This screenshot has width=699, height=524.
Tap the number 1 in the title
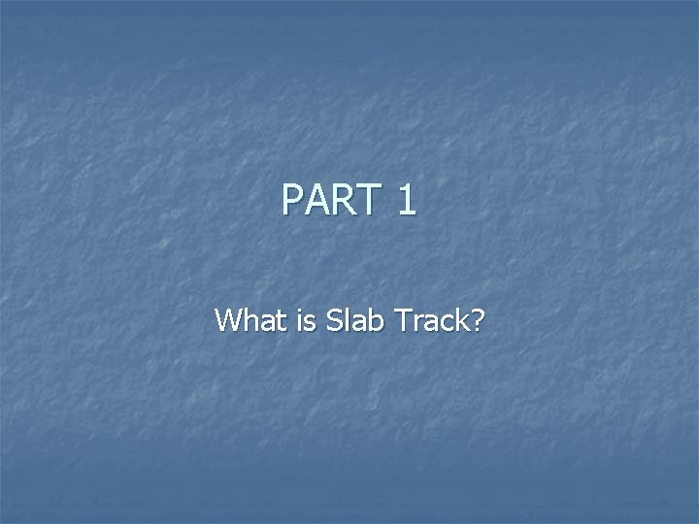407,201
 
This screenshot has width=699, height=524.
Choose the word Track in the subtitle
426,319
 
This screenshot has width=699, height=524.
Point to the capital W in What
229,319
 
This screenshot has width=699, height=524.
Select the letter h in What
251,319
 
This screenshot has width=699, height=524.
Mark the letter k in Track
456,319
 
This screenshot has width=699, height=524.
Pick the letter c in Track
440,321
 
